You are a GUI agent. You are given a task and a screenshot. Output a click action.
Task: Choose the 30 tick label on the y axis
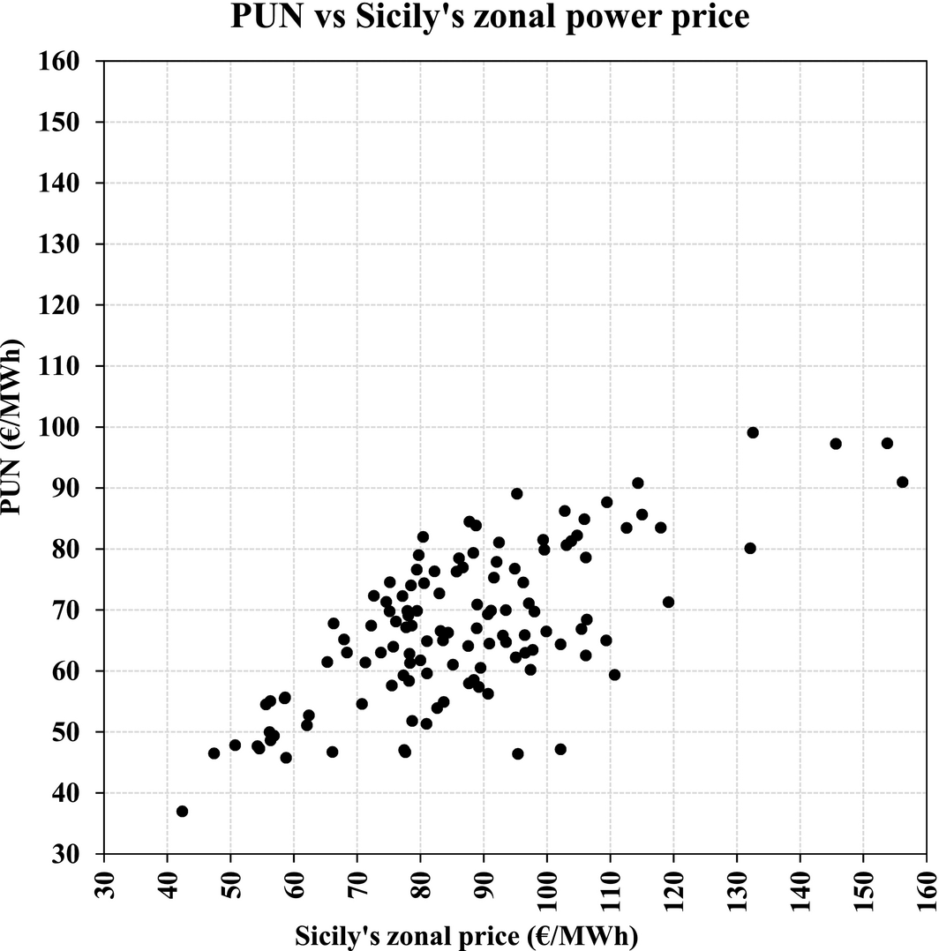coord(69,854)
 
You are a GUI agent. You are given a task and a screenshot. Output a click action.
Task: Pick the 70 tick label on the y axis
coord(69,610)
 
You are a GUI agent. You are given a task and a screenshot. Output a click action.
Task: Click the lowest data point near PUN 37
coord(182,811)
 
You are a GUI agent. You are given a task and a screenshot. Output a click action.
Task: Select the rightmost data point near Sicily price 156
coord(902,482)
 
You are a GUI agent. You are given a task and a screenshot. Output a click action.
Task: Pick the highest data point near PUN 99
coord(753,432)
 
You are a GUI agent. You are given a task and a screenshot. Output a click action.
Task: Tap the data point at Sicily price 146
coord(836,444)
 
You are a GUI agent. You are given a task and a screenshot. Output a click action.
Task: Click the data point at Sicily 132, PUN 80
coord(750,548)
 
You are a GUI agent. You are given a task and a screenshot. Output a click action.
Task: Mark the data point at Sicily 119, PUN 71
coord(668,603)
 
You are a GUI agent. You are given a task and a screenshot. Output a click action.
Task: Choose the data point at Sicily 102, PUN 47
coord(560,749)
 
